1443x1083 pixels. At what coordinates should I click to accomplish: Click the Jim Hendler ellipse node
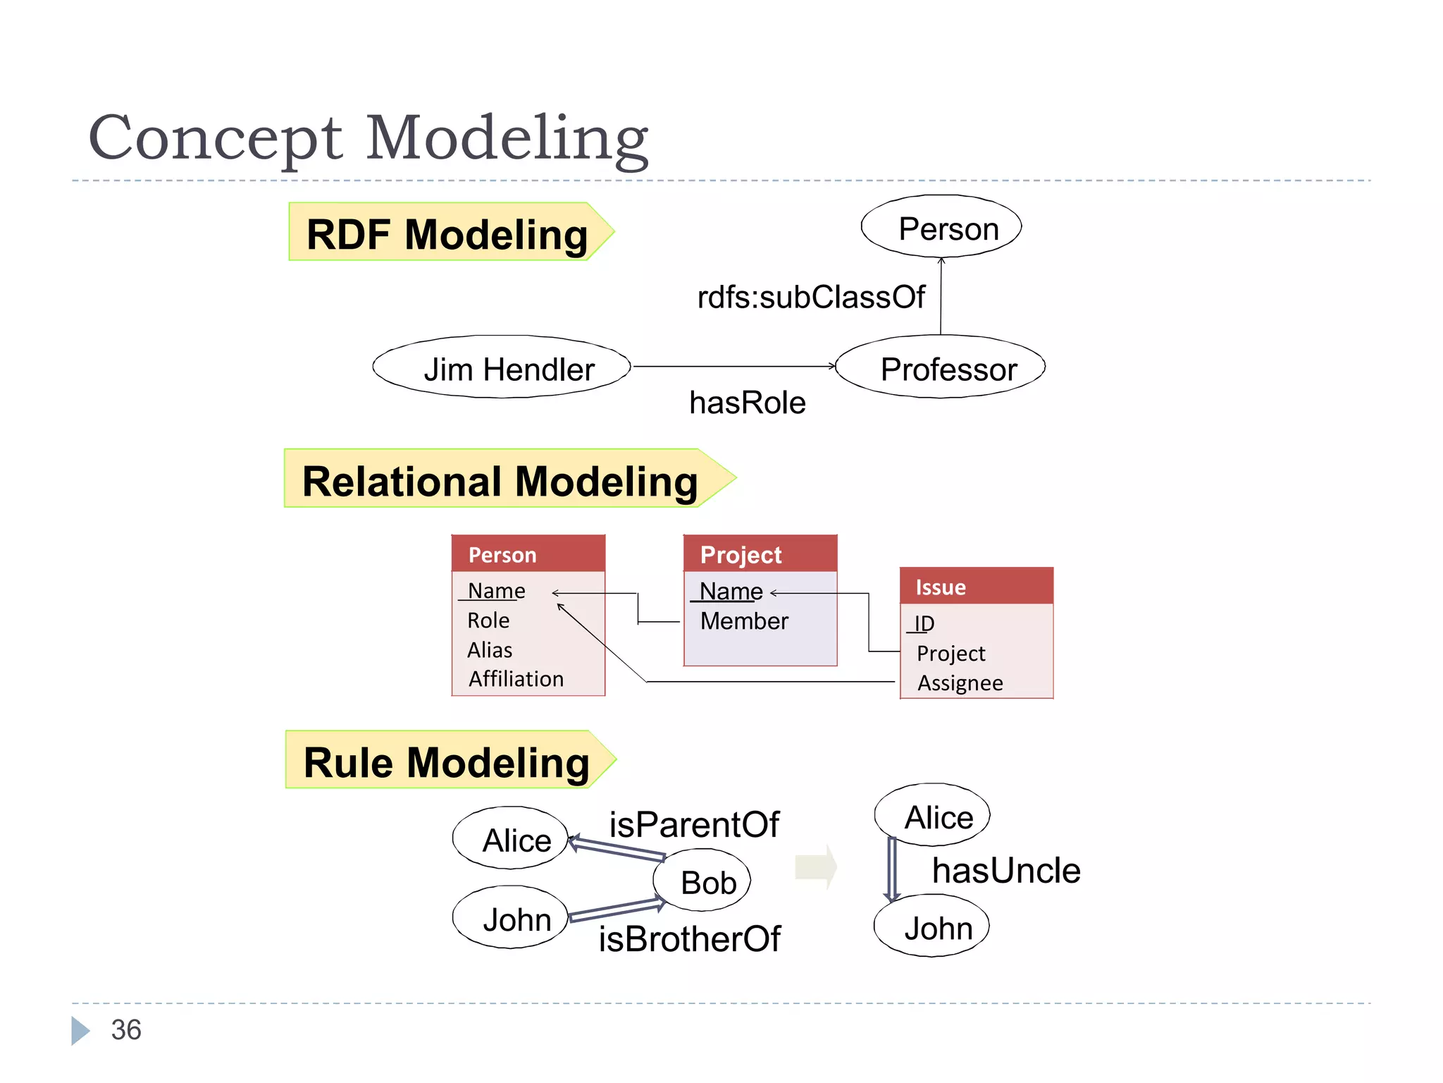[502, 367]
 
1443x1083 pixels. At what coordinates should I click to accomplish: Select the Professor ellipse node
[940, 367]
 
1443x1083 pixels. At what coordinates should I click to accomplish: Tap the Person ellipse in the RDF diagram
[941, 227]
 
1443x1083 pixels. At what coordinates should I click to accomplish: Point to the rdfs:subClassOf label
[810, 297]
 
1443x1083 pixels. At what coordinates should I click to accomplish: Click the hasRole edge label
[747, 403]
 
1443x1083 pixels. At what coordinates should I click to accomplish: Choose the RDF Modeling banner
[447, 233]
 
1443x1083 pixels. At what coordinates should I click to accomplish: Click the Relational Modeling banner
[500, 480]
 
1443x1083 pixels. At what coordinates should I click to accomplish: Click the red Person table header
[528, 554]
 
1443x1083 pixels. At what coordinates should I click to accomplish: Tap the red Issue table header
[977, 587]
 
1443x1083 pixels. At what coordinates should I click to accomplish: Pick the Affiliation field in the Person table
[516, 678]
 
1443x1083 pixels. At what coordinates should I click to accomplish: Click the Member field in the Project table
[744, 620]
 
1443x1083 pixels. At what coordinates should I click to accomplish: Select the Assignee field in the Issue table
[960, 683]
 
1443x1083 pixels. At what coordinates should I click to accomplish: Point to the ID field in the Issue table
[924, 623]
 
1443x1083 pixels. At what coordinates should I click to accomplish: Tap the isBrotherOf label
[689, 938]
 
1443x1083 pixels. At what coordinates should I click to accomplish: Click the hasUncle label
[1005, 870]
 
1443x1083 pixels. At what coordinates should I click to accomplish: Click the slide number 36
[126, 1029]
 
